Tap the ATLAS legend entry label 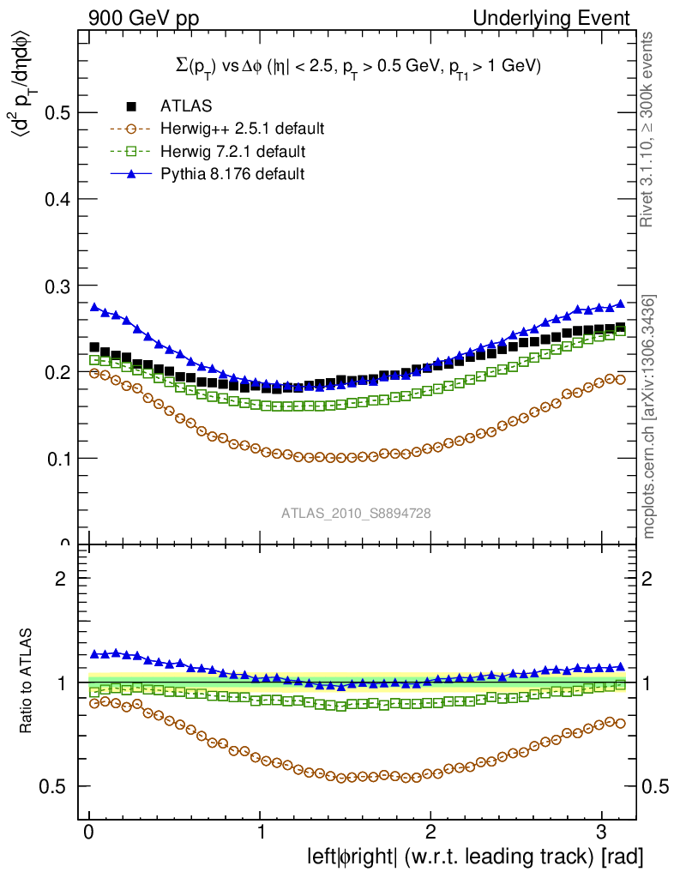point(186,106)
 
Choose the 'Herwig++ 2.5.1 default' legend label point(242,129)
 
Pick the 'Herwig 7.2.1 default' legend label point(233,152)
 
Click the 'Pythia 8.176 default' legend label point(232,174)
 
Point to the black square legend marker point(131,106)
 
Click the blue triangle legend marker point(131,174)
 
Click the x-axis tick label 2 point(430,834)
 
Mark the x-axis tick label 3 point(601,834)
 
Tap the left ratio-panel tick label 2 point(61,578)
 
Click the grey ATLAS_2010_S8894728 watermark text point(356,514)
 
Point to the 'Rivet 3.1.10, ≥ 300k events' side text point(648,129)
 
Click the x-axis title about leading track point(475,857)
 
